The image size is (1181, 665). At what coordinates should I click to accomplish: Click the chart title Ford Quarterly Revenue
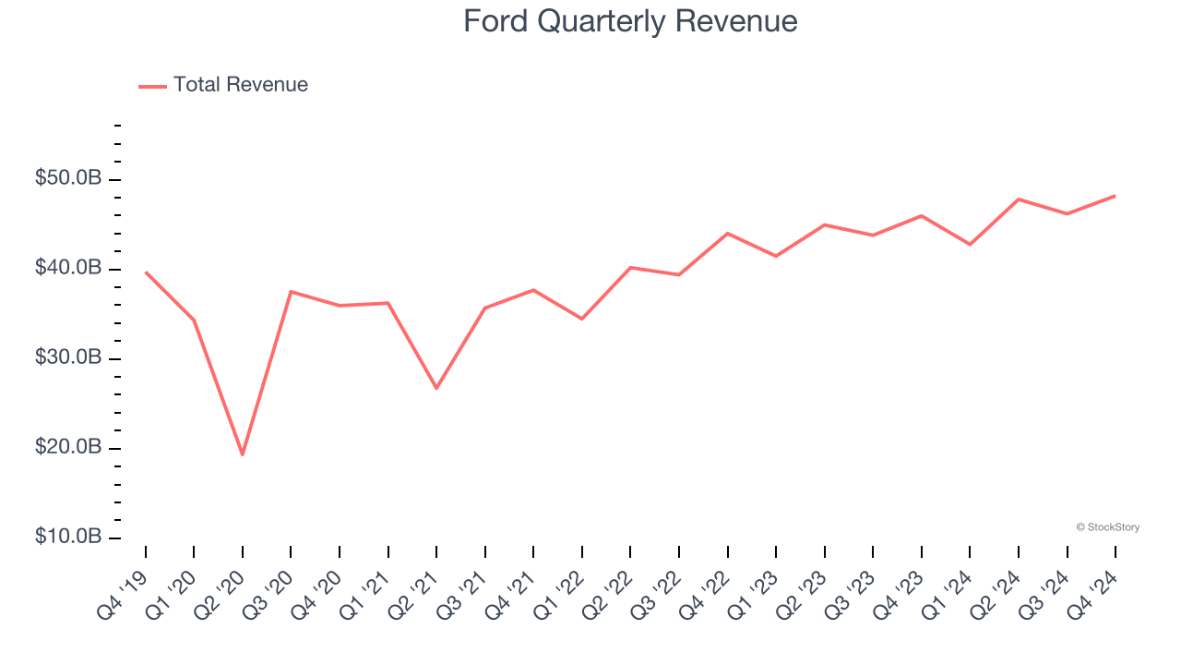coord(630,20)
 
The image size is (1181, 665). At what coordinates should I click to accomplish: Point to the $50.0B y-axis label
coord(68,178)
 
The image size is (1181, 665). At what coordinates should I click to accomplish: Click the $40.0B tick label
coord(68,268)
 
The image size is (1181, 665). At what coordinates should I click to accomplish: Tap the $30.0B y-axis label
coord(68,357)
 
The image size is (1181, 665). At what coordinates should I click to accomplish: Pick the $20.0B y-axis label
coord(68,447)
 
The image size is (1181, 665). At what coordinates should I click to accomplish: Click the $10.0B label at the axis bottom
coord(68,537)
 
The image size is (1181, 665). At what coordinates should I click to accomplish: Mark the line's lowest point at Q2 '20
coord(243,454)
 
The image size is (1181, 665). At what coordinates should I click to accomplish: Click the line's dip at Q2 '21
coord(436,388)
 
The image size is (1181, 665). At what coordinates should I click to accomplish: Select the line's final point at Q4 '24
coord(1115,196)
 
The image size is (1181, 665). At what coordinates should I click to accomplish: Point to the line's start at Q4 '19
coord(146,272)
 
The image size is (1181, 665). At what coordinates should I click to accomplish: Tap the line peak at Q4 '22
coord(727,234)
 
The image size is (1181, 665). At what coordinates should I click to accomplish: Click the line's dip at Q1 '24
coord(970,245)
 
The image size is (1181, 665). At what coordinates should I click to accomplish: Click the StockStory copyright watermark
coord(1107,527)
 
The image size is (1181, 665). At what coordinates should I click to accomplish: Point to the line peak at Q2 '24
coord(1018,199)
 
